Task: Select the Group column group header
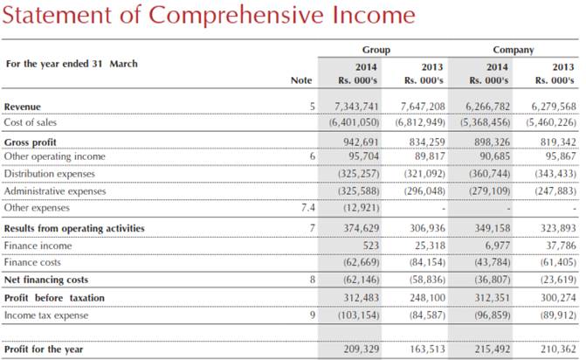pyautogui.click(x=376, y=50)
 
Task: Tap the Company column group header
pyautogui.click(x=513, y=50)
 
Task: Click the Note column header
pyautogui.click(x=300, y=81)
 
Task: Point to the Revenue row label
pyautogui.click(x=23, y=107)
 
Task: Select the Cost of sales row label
pyautogui.click(x=31, y=122)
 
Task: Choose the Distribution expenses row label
pyautogui.click(x=49, y=174)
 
